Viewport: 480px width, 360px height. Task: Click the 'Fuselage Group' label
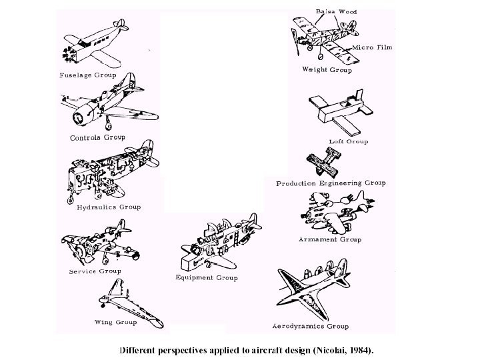(88, 75)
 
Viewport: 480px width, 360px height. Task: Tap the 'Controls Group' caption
(97, 138)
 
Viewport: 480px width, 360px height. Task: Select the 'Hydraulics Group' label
(108, 207)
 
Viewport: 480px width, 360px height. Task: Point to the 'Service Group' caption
(94, 271)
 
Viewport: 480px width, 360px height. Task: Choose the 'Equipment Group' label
(206, 278)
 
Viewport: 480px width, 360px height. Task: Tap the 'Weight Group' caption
(327, 69)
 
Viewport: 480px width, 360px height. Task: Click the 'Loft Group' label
(348, 141)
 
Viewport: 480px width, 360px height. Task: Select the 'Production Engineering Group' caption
(331, 183)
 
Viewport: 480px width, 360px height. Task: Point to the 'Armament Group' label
(330, 239)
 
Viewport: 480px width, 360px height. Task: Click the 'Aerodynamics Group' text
(311, 327)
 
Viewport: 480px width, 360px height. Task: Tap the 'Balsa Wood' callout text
(336, 11)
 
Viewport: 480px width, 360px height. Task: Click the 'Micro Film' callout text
(372, 48)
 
